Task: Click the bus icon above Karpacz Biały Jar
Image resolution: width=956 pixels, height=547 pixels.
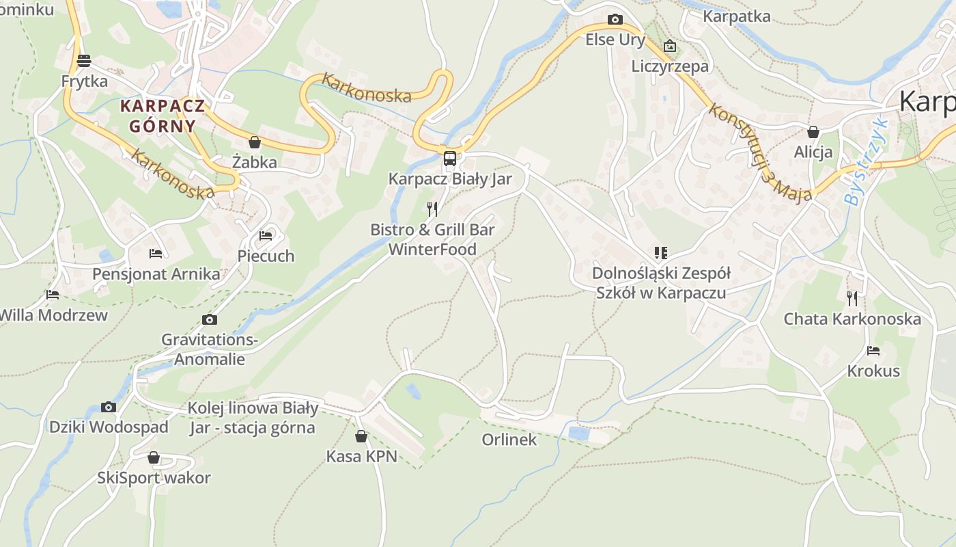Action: tap(450, 159)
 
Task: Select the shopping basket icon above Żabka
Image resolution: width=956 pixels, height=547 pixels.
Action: tap(255, 142)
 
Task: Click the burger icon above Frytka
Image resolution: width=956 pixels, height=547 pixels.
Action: tap(84, 61)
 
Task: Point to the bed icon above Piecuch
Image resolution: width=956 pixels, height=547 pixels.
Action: tap(266, 236)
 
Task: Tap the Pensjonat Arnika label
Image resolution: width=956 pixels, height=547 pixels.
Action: tap(156, 274)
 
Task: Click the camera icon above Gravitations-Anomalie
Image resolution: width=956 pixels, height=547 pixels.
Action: tap(210, 319)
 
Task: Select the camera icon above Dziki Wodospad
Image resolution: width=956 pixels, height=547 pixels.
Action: tap(109, 407)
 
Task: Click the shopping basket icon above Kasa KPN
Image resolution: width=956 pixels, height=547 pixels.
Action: tap(361, 436)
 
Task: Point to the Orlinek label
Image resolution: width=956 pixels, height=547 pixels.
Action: tap(509, 440)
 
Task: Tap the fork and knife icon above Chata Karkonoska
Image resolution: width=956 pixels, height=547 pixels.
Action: tap(852, 299)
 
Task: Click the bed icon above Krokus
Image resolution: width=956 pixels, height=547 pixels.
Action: tap(873, 351)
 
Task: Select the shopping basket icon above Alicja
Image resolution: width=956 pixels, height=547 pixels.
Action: tap(813, 132)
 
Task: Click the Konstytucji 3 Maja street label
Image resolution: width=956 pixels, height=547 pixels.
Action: tap(760, 152)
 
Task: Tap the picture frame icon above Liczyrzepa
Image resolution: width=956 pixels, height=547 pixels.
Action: tap(670, 46)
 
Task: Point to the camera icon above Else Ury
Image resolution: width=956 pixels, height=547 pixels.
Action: tap(615, 19)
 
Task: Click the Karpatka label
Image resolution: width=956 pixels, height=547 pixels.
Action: tap(737, 16)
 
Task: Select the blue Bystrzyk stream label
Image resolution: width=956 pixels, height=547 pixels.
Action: tap(865, 163)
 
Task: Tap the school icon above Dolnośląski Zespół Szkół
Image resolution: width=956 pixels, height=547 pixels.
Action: tap(660, 253)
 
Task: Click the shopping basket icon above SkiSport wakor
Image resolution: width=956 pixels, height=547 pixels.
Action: tap(154, 457)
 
